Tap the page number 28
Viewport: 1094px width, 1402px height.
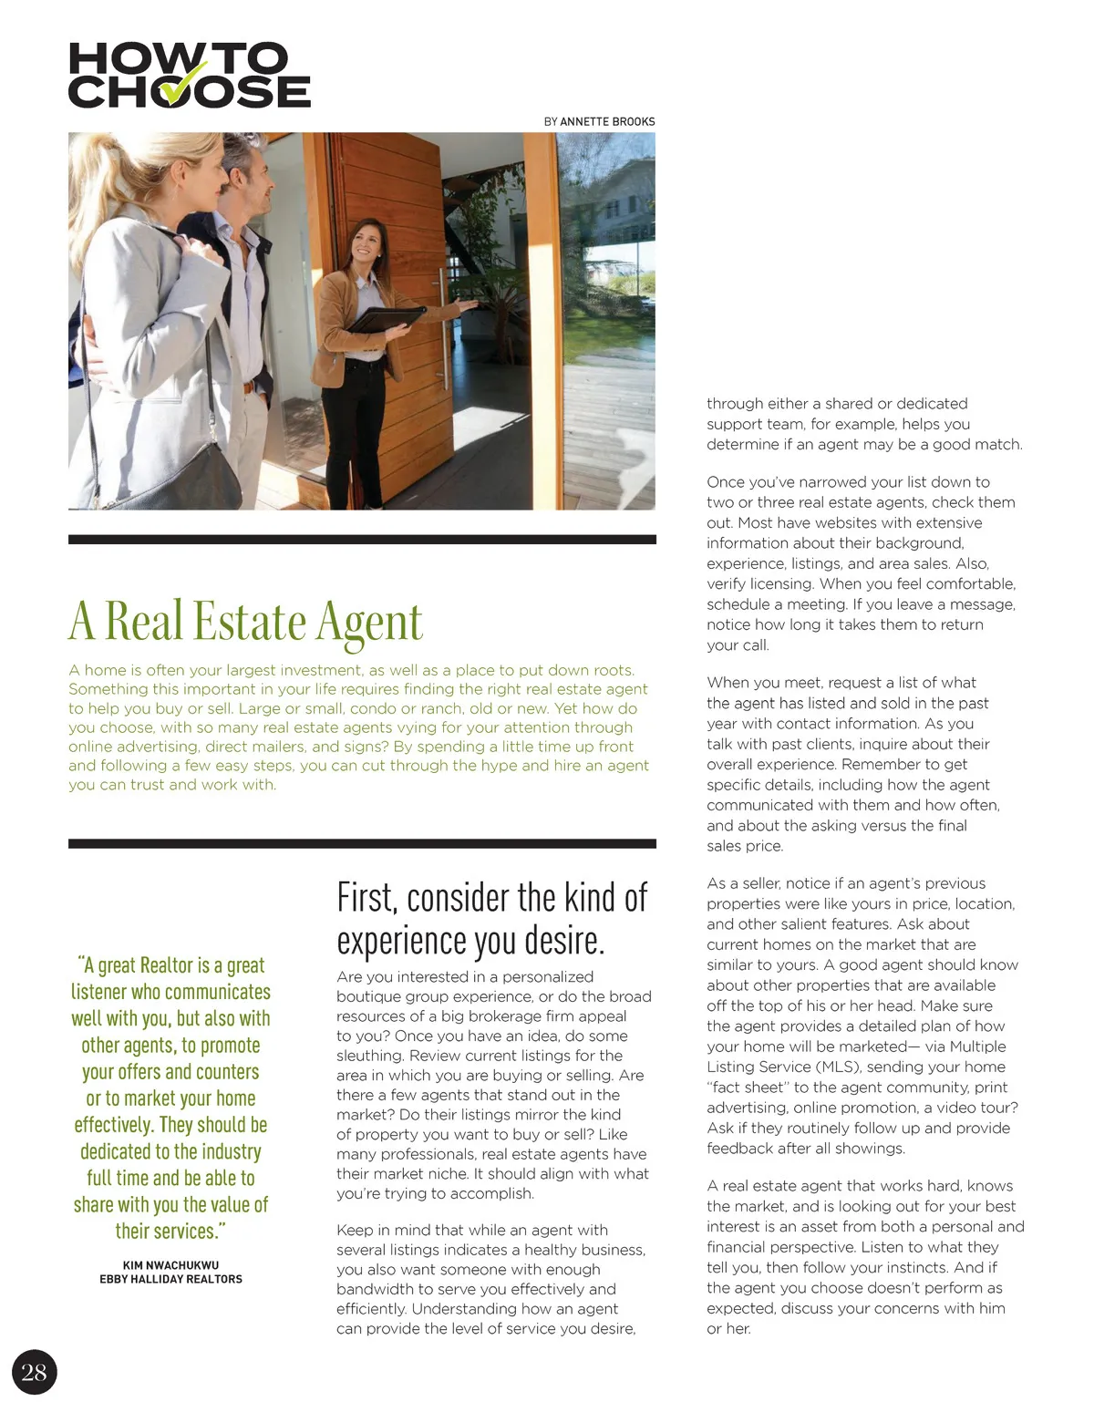(x=34, y=1373)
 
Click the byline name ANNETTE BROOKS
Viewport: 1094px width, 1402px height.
(x=607, y=121)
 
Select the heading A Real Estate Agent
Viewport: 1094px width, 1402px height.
(x=245, y=621)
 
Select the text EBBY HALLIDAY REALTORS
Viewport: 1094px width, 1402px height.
(x=170, y=1279)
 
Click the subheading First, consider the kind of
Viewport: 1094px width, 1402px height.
(x=491, y=898)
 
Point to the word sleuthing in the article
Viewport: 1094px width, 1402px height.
(x=369, y=1056)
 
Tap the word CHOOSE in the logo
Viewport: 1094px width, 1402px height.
(x=189, y=91)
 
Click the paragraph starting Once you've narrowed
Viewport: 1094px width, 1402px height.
(x=861, y=563)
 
